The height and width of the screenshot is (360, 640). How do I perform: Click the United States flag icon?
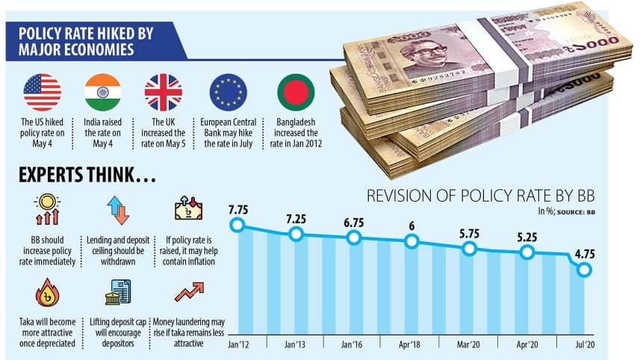[42, 92]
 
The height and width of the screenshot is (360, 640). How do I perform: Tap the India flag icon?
[103, 92]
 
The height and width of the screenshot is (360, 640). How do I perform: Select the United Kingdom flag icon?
[163, 92]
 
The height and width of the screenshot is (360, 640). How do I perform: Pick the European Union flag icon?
[229, 92]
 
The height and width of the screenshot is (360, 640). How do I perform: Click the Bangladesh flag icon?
[296, 92]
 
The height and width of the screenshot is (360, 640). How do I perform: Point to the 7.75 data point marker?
[238, 225]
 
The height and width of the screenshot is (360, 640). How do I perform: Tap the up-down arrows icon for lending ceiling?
[118, 210]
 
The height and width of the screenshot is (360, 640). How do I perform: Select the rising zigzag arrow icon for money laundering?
[188, 292]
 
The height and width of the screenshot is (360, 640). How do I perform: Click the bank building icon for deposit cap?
[117, 292]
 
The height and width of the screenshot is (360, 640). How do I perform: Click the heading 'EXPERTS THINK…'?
[88, 176]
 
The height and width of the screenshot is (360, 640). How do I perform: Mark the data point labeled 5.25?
[526, 252]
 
